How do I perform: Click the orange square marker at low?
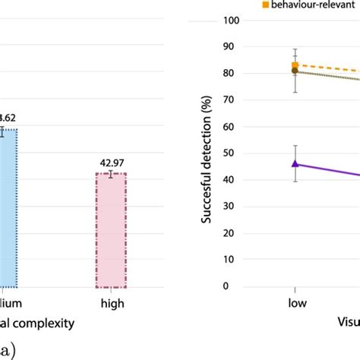click(295, 65)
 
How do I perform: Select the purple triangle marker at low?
click(295, 163)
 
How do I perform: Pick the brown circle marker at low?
click(295, 71)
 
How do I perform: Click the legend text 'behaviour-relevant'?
click(311, 5)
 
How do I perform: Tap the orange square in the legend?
click(265, 5)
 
